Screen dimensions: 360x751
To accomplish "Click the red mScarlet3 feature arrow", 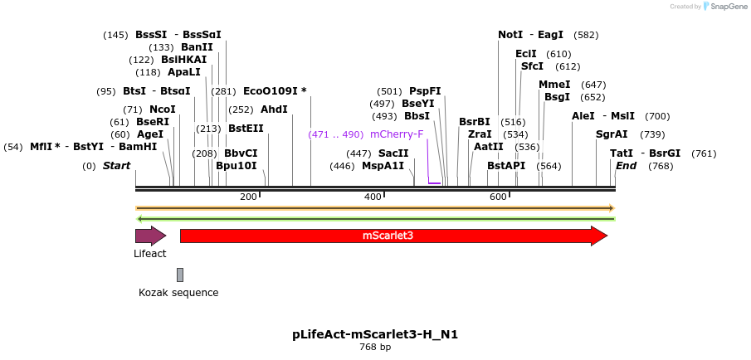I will click(x=390, y=236).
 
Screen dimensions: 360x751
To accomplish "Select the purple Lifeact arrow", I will click(x=150, y=236).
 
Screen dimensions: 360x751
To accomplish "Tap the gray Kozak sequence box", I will click(x=180, y=275).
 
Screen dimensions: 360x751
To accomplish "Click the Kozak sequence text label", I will click(x=178, y=292).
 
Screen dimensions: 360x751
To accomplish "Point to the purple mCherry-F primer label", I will click(x=397, y=134).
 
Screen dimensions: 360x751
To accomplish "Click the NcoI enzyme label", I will click(x=162, y=109).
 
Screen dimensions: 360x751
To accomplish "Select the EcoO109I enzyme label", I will click(x=274, y=91).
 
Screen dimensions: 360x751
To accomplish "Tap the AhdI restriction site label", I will click(x=274, y=109).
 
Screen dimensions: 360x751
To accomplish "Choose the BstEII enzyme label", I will click(x=246, y=129).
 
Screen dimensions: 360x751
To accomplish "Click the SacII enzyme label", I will click(x=393, y=153).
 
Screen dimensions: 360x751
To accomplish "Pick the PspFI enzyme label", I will click(x=425, y=91).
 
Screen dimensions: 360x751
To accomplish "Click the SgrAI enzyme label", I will click(x=612, y=134).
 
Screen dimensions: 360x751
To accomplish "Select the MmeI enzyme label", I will click(x=554, y=85).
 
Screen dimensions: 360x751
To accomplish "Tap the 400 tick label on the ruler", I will click(x=373, y=197).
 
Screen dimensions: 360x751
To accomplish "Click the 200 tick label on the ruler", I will click(x=248, y=197).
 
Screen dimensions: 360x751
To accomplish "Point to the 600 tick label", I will click(x=498, y=197).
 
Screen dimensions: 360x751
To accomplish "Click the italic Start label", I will click(x=116, y=166).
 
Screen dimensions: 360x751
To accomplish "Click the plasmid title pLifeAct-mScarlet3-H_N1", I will click(x=375, y=334).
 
